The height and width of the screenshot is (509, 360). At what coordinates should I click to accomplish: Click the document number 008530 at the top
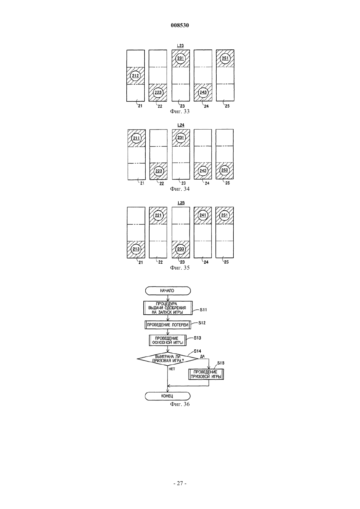(180, 26)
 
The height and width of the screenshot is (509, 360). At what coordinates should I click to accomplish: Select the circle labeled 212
(135, 76)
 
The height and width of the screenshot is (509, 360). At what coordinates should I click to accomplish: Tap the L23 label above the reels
(180, 46)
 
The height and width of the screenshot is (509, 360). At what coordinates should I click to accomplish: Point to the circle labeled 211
(136, 138)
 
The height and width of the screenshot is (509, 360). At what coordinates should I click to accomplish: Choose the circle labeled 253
(225, 170)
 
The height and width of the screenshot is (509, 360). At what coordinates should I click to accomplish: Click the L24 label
(181, 125)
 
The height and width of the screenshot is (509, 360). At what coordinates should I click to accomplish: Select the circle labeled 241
(203, 215)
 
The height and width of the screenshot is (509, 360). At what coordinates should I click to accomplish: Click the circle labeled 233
(181, 249)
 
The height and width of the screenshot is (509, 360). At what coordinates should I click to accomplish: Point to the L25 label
(181, 203)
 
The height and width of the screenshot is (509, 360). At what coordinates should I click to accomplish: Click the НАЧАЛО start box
(168, 290)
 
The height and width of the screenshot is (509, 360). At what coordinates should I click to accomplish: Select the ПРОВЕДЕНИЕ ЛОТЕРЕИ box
(168, 325)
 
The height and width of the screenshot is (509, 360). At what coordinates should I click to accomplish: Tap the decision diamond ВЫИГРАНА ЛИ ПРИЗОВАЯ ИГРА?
(168, 359)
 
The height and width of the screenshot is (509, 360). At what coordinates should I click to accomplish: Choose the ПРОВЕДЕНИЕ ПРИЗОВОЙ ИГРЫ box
(206, 374)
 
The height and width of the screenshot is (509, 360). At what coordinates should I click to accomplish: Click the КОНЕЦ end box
(168, 396)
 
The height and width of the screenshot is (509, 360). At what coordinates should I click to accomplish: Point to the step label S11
(203, 310)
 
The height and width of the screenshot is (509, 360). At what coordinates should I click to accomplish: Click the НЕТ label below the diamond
(172, 369)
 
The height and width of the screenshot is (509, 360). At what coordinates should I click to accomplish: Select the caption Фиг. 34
(180, 189)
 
